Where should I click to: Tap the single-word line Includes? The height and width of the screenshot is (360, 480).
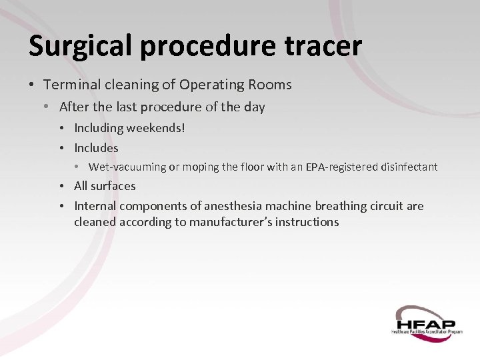(x=96, y=148)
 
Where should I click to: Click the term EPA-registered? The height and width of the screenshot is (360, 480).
(x=342, y=167)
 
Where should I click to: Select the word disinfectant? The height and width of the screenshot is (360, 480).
(x=409, y=167)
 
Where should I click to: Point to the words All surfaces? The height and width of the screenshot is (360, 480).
(x=105, y=186)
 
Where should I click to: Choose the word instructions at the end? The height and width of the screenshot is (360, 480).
(x=307, y=222)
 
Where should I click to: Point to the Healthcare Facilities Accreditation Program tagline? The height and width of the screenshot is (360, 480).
(x=427, y=331)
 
